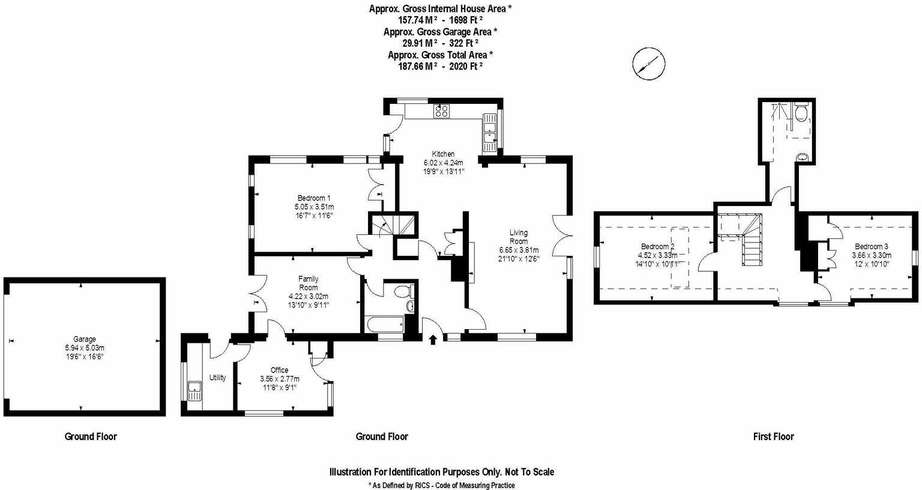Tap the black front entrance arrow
click(433, 340)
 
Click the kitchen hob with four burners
click(442, 110)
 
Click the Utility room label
click(217, 378)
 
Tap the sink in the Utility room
click(194, 392)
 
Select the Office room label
click(279, 370)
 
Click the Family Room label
click(309, 283)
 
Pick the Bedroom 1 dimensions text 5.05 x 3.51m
click(314, 207)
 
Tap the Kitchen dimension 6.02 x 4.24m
click(444, 162)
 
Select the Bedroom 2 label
click(658, 246)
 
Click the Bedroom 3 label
click(872, 246)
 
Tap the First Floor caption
click(773, 437)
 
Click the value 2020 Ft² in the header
click(462, 67)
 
